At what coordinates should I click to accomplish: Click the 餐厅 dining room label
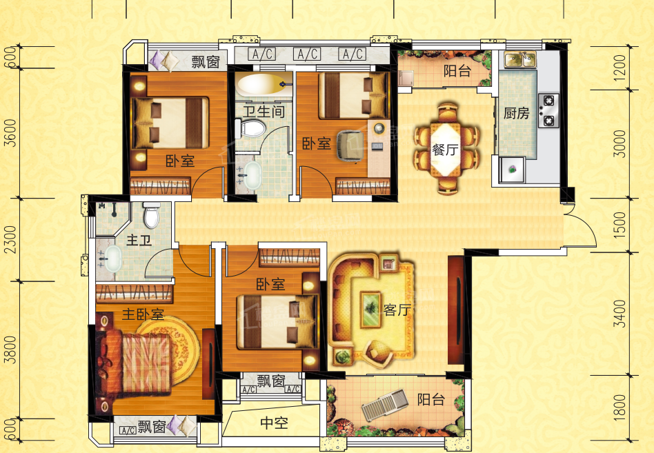445,149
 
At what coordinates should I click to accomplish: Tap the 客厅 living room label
397,310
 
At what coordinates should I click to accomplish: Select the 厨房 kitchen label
516,113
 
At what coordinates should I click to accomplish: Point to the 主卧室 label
143,314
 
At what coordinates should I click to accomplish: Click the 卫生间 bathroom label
264,111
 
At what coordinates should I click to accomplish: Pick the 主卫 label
139,240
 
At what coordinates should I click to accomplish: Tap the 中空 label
274,423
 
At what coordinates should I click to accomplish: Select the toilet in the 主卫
151,214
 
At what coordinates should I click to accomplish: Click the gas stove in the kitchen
548,110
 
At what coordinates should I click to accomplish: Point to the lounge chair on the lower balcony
384,405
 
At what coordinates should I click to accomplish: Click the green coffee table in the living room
370,309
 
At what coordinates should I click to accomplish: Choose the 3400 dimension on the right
620,314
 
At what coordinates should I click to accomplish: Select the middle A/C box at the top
307,54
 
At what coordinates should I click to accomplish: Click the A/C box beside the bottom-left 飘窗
128,430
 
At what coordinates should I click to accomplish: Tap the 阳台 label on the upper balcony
457,71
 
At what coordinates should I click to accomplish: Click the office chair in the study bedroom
350,145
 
